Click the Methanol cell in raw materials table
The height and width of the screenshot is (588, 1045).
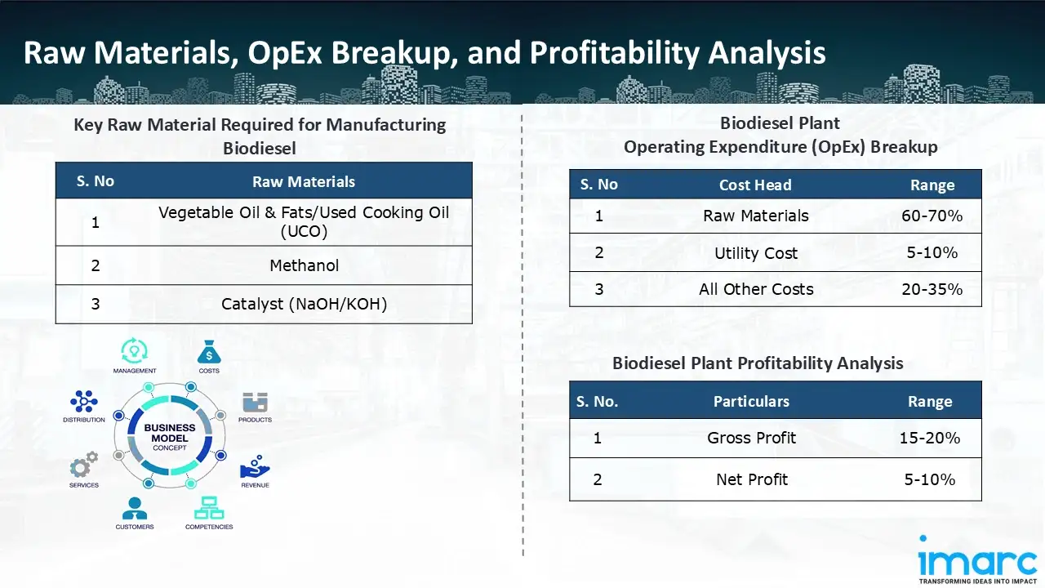(x=305, y=265)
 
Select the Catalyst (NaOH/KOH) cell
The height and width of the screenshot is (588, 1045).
(x=305, y=305)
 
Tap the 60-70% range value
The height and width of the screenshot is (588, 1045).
(x=932, y=216)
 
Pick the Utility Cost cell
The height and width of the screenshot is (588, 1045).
(x=756, y=253)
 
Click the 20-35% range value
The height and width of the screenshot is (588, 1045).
(x=932, y=289)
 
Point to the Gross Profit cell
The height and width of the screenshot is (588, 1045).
(x=751, y=438)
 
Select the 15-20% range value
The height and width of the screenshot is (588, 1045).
(x=929, y=438)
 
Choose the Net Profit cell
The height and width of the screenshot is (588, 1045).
(x=752, y=479)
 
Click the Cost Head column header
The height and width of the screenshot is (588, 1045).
(x=755, y=185)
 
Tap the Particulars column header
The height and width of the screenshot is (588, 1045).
(x=751, y=401)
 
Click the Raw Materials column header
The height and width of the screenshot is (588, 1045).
(x=304, y=181)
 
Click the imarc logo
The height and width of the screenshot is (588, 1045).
(x=977, y=559)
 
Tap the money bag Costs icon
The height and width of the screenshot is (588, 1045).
(x=209, y=352)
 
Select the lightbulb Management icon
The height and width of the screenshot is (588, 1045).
(x=135, y=350)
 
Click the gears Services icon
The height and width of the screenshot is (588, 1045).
(x=84, y=465)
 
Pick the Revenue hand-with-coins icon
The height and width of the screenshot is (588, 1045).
(x=255, y=466)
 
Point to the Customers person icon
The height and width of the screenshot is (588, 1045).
(x=135, y=508)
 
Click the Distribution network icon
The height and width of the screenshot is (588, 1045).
(x=84, y=401)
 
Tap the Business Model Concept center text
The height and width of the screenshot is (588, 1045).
(x=170, y=437)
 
